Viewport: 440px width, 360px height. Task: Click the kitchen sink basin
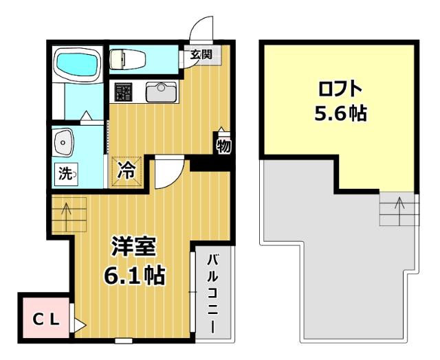point(160,91)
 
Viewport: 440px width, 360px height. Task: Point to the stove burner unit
point(123,92)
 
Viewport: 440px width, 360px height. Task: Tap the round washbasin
point(64,144)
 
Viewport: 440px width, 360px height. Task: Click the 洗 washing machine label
point(66,175)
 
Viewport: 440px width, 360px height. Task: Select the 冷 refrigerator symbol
point(128,168)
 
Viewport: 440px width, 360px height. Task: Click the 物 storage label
point(223,146)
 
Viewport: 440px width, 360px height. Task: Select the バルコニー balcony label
point(212,293)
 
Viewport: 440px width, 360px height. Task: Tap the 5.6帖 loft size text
point(340,113)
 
